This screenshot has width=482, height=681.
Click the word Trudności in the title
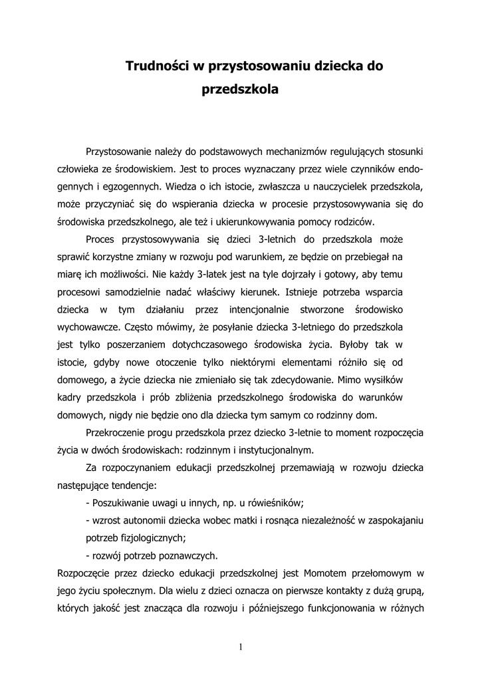[x=158, y=66]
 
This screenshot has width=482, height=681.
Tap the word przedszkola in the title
[x=240, y=88]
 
